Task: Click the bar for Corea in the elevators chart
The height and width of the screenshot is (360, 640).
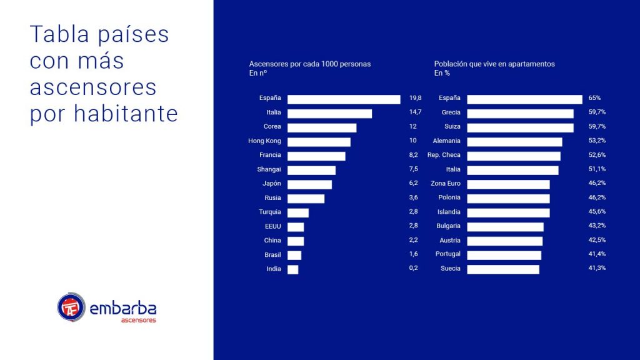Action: point(321,127)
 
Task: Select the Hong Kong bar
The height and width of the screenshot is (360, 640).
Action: point(319,142)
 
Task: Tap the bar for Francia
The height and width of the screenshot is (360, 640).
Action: point(316,156)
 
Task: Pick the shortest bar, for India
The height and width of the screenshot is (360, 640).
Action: point(292,269)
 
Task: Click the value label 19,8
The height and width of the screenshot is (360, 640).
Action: point(416,98)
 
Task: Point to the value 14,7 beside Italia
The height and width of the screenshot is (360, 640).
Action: point(416,112)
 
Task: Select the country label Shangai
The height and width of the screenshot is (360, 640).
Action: point(269,169)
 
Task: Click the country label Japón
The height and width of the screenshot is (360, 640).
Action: point(272,184)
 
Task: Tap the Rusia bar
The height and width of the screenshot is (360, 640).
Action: point(306,198)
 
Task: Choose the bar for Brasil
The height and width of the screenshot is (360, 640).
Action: point(294,255)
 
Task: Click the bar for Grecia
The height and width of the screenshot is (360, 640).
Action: point(520,113)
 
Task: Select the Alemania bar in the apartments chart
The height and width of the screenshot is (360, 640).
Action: point(514,142)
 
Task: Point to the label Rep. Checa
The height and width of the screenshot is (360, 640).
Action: point(444,155)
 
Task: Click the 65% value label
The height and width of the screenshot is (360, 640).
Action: point(594,98)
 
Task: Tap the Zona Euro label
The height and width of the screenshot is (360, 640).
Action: point(446,183)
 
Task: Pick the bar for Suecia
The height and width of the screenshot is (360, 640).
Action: point(502,269)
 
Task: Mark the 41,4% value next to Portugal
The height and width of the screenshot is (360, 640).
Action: point(596,254)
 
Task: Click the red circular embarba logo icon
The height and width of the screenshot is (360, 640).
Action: point(71,307)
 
